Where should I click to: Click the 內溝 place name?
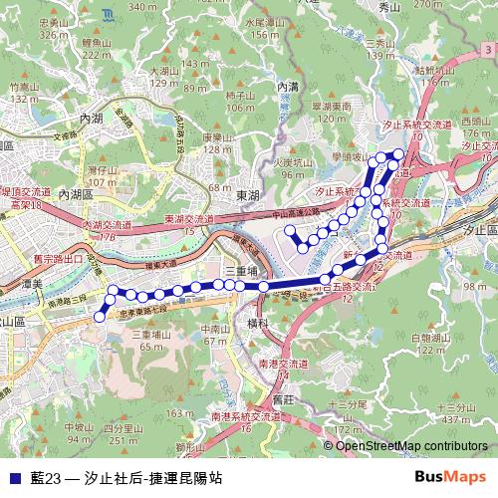(289, 87)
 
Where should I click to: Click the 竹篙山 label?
(22, 88)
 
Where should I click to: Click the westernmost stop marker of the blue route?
(99, 317)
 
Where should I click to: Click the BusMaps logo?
(450, 478)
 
